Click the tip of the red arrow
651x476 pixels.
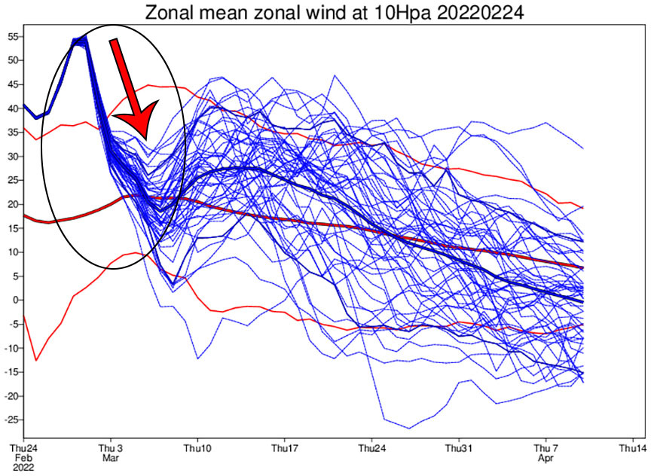pyautogui.click(x=145, y=139)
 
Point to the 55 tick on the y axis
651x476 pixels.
pyautogui.click(x=14, y=36)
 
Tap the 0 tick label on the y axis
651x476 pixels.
pyautogui.click(x=17, y=300)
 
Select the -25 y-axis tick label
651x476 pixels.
pyautogui.click(x=12, y=420)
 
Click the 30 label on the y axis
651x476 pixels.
pyautogui.click(x=14, y=156)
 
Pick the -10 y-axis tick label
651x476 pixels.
pyautogui.click(x=12, y=348)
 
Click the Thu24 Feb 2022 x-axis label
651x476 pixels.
pyautogui.click(x=23, y=456)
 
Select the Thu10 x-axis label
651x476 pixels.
pyautogui.click(x=197, y=447)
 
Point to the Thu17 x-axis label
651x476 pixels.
pyautogui.click(x=285, y=447)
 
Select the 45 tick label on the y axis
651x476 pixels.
pyautogui.click(x=14, y=84)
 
